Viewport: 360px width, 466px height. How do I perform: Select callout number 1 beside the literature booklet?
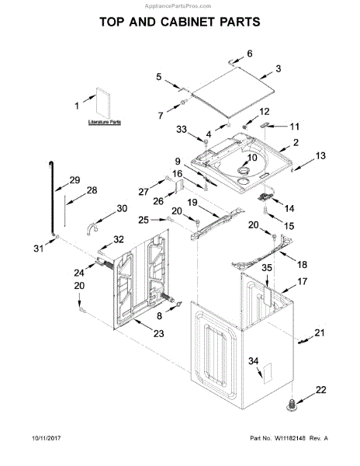pyautogui.click(x=77, y=106)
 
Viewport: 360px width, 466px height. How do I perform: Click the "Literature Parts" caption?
pyautogui.click(x=103, y=123)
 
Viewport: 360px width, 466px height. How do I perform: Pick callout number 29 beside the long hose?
pyautogui.click(x=74, y=180)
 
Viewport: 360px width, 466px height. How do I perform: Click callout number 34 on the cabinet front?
pyautogui.click(x=251, y=361)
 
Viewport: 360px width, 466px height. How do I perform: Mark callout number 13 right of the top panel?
pyautogui.click(x=320, y=157)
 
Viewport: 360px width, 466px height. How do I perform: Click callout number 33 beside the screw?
pyautogui.click(x=182, y=129)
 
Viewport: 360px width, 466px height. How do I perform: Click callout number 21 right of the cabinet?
pyautogui.click(x=319, y=333)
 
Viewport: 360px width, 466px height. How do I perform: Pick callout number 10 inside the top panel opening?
pyautogui.click(x=252, y=158)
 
